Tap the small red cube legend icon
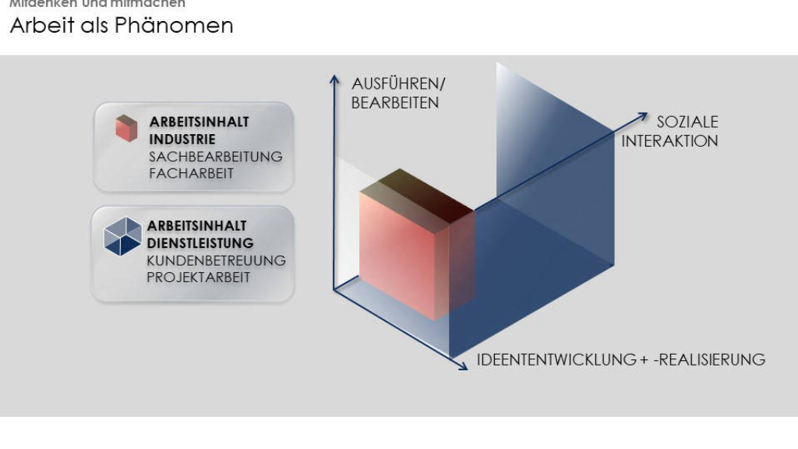pos(126,129)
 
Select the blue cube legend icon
pos(122,235)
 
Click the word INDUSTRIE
pos(182,140)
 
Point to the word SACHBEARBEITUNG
pos(216,157)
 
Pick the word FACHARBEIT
pos(191,174)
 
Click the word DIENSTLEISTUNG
pos(200,243)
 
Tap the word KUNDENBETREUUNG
pos(216,260)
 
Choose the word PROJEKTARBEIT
pos(199,278)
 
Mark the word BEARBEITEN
pos(395,103)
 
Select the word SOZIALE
pos(687,122)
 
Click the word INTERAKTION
pos(669,141)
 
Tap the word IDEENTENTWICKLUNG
pos(556,359)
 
